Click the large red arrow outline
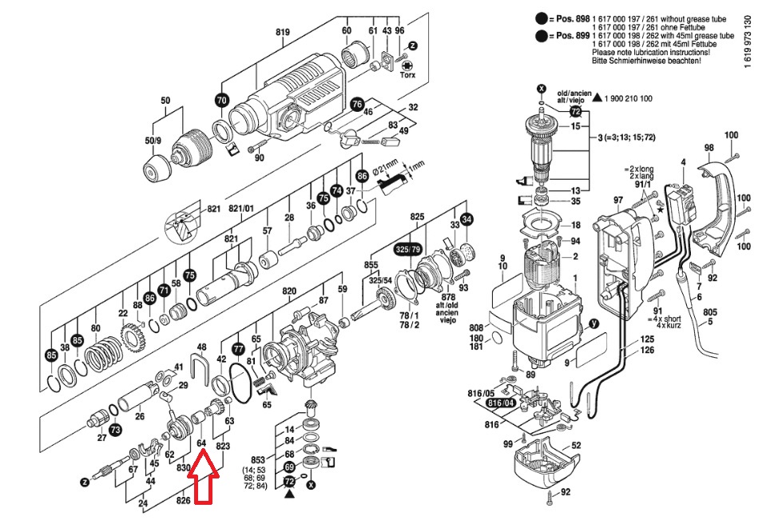pyautogui.click(x=203, y=476)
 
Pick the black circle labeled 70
pyautogui.click(x=221, y=100)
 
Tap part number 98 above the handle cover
pyautogui.click(x=709, y=148)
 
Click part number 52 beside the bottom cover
pyautogui.click(x=575, y=445)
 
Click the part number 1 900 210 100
pyautogui.click(x=623, y=98)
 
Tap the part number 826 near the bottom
pyautogui.click(x=185, y=501)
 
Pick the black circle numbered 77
pyautogui.click(x=238, y=348)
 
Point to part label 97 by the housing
pyautogui.click(x=617, y=199)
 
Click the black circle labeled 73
pyautogui.click(x=116, y=431)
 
